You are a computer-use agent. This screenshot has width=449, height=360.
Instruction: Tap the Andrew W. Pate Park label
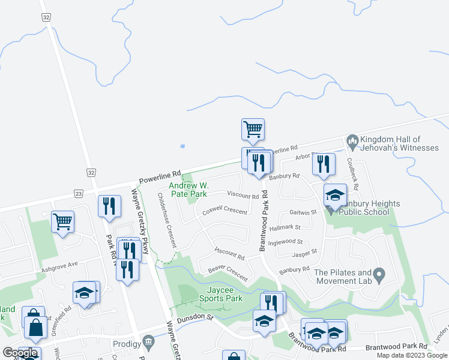[x=188, y=190]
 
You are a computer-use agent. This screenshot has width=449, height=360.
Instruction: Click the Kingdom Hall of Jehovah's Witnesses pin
[x=352, y=143]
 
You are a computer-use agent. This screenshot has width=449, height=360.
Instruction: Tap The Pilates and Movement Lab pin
[x=379, y=275]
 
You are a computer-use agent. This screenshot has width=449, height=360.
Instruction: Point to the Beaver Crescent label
[x=228, y=274]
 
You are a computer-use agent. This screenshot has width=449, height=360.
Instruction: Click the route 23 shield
[x=78, y=193]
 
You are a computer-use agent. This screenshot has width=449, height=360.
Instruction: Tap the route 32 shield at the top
[x=46, y=18]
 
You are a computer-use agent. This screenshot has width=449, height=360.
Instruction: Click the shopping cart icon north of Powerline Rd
[x=253, y=128]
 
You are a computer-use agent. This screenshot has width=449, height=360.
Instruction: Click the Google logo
[x=20, y=353]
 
